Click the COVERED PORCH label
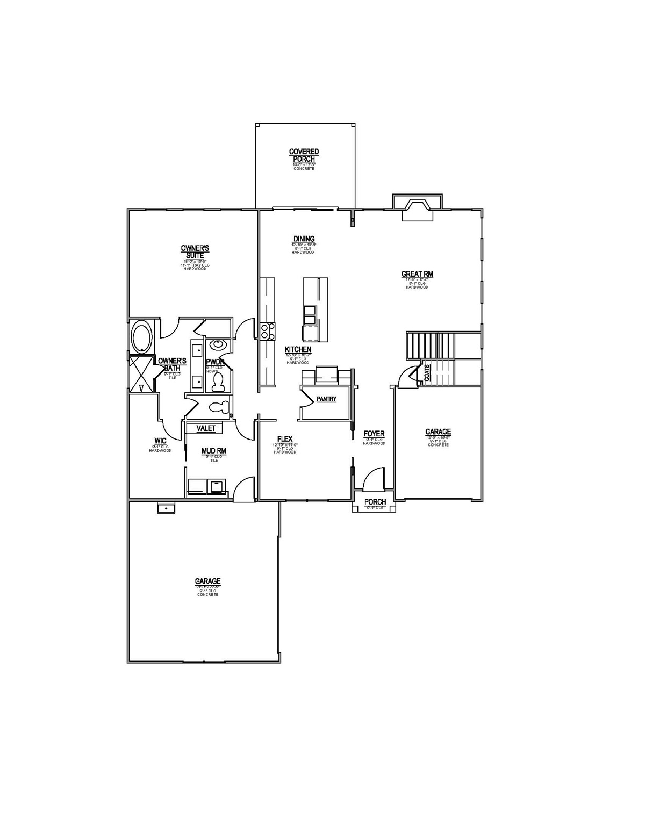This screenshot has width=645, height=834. (x=304, y=156)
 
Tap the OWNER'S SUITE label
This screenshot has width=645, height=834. (x=195, y=251)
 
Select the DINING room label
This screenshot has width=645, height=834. (x=304, y=239)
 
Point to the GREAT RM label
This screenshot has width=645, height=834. (x=417, y=274)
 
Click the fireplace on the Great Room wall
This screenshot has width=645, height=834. (x=418, y=209)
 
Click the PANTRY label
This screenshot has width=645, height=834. (x=326, y=399)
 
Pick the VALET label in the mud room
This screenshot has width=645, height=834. (x=206, y=428)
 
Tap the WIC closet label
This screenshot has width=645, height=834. (x=160, y=441)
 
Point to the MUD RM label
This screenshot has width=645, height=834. (x=213, y=451)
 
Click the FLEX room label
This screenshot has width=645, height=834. (x=285, y=439)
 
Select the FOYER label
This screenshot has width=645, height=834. (x=374, y=434)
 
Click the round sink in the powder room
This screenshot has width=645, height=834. (x=218, y=345)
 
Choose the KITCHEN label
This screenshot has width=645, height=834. (x=298, y=350)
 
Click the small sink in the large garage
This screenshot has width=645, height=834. (x=166, y=508)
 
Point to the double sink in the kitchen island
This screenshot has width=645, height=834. (x=310, y=315)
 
